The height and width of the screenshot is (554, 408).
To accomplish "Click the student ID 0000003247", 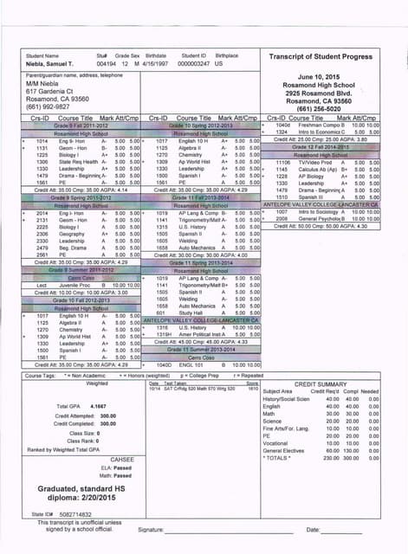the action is click(194, 63).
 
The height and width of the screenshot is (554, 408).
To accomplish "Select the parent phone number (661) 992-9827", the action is click(51, 108).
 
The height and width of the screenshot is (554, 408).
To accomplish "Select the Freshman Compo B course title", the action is click(314, 125).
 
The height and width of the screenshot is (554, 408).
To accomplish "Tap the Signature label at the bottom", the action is click(152, 529).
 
